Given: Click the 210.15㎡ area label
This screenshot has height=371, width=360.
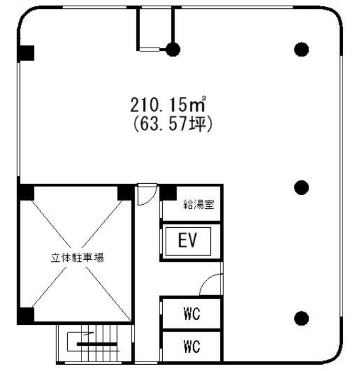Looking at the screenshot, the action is [x=168, y=104].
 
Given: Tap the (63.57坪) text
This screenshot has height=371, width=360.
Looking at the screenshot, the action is [x=173, y=124].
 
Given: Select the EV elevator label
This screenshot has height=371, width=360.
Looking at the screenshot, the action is [x=187, y=240].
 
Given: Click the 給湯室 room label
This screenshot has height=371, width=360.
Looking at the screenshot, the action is [x=199, y=204].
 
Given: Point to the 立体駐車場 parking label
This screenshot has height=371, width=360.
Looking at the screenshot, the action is [x=77, y=258].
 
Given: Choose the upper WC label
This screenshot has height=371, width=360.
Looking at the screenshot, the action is [x=192, y=314].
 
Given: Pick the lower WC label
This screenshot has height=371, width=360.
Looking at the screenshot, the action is [x=192, y=346].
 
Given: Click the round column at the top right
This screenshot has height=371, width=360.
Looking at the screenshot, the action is [x=301, y=49].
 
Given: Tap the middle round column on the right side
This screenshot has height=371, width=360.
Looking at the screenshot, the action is [x=301, y=187].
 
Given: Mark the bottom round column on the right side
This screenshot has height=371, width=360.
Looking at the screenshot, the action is [x=301, y=318].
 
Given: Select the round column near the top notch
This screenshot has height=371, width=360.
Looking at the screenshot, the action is [x=173, y=49].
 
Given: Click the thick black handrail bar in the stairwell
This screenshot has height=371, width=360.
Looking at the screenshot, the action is [x=97, y=344].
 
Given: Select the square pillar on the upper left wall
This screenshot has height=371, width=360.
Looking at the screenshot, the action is [x=26, y=53].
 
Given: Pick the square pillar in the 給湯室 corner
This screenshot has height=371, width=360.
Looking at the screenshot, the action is [x=168, y=193].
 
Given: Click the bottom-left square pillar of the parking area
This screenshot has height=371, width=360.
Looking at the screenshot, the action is [x=26, y=315].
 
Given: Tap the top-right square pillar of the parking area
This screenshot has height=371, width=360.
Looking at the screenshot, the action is [x=125, y=193].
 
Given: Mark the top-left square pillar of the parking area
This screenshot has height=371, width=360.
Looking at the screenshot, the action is [x=26, y=193].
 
